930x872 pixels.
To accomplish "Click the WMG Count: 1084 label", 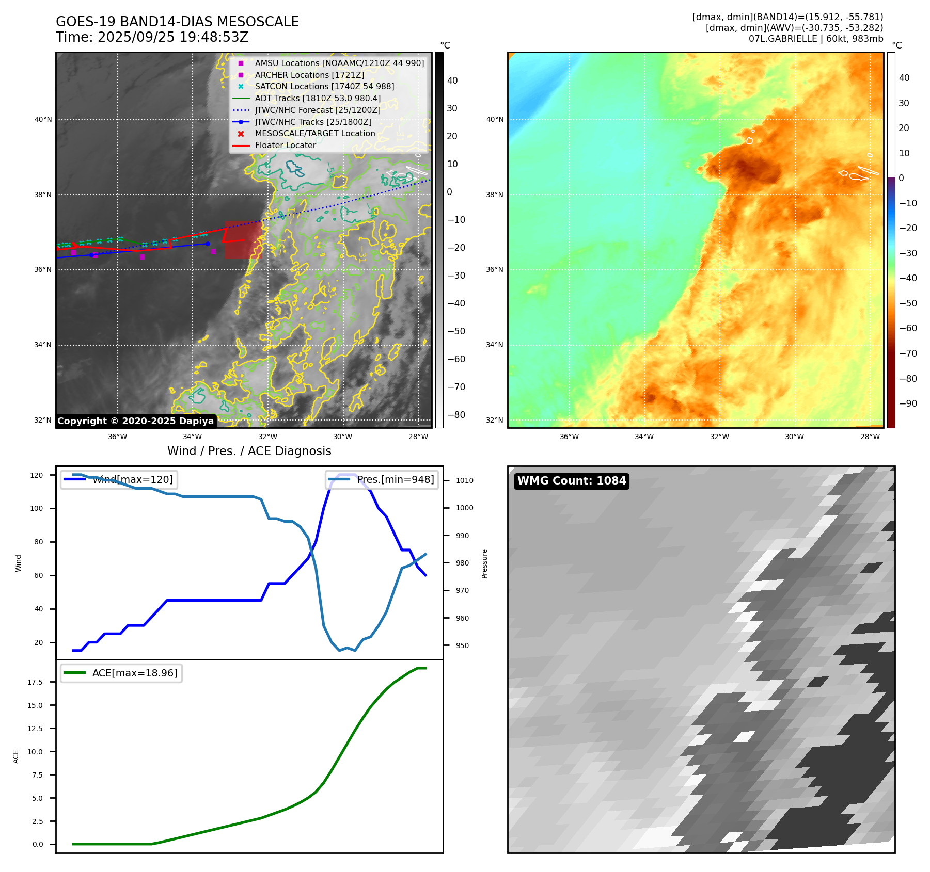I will click(x=571, y=481).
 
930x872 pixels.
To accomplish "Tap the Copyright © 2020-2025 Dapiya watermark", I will click(x=135, y=421).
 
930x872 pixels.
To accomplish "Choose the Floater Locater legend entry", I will click(x=285, y=146).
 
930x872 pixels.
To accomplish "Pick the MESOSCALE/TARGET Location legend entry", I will click(x=314, y=134).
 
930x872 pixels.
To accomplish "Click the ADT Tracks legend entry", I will click(x=317, y=98).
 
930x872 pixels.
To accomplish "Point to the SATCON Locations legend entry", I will click(x=324, y=86).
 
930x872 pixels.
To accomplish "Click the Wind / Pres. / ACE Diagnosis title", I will click(x=249, y=451).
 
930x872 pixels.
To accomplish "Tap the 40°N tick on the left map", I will click(x=43, y=120).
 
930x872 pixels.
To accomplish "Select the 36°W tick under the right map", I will click(x=569, y=437).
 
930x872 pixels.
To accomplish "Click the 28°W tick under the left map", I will click(x=418, y=437).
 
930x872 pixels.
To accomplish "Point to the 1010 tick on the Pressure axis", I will click(x=464, y=480).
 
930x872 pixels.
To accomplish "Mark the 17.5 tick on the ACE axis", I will click(x=35, y=682).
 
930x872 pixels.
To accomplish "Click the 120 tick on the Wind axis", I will click(x=37, y=475).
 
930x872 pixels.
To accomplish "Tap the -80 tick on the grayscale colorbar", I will click(x=456, y=415).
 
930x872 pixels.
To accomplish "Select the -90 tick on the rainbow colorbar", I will click(x=908, y=403).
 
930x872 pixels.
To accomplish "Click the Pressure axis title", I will click(x=484, y=563).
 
